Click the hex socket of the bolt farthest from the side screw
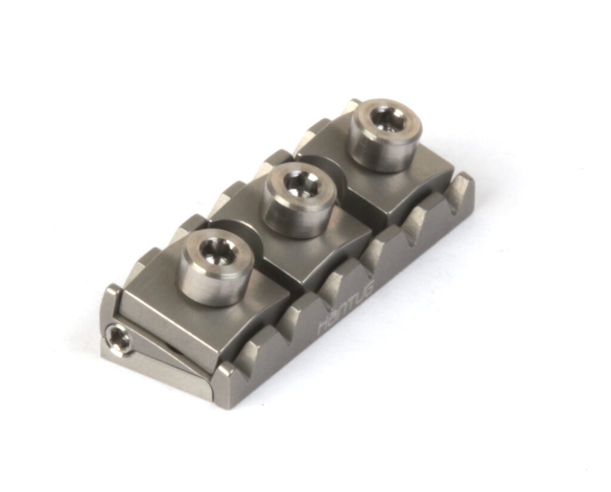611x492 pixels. point(387,118)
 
